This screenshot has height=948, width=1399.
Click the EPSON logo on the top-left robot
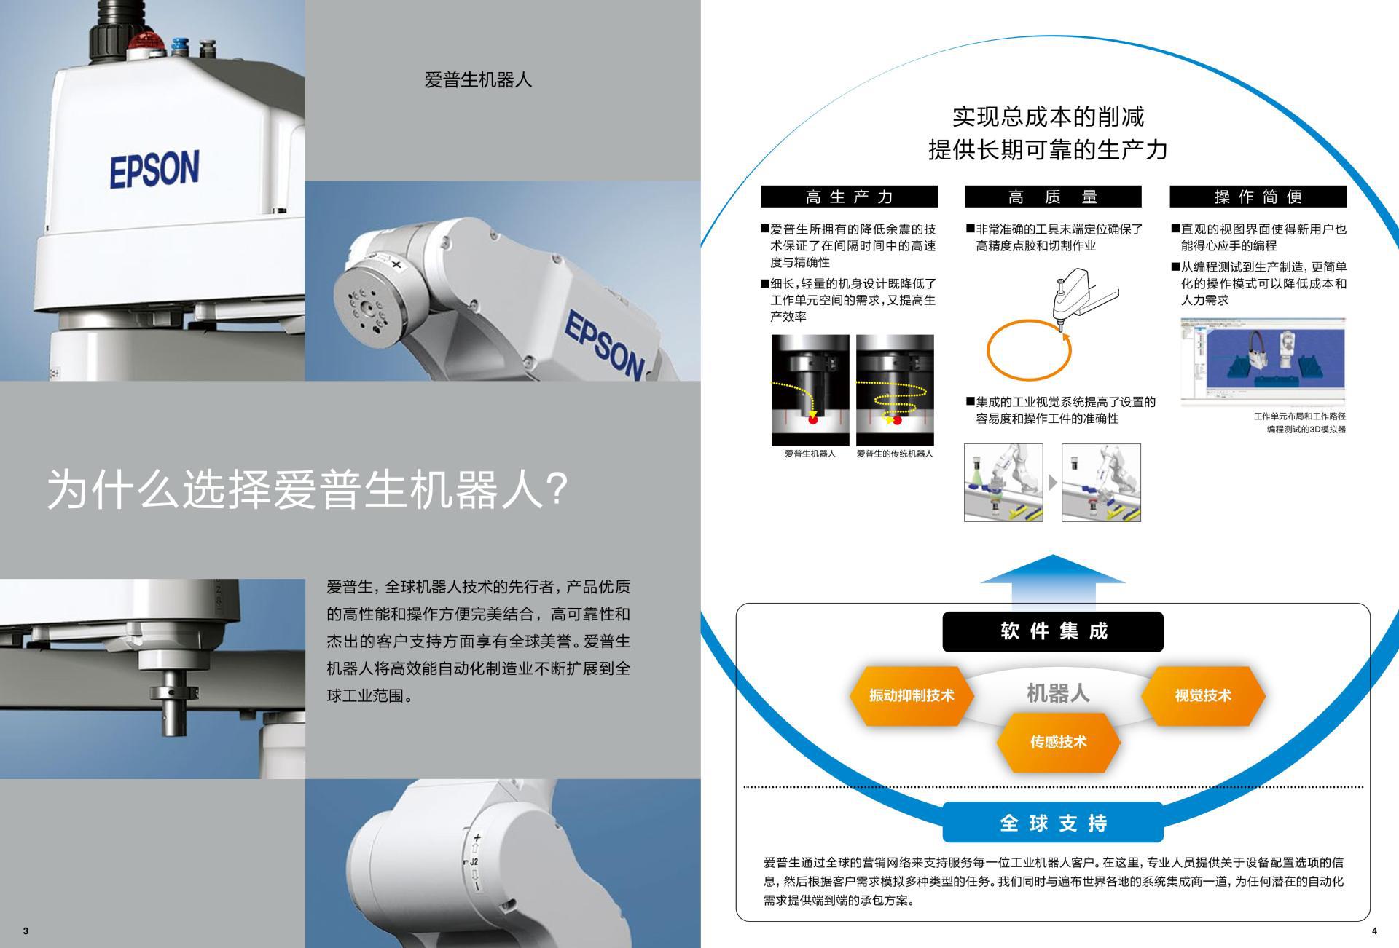pos(154,169)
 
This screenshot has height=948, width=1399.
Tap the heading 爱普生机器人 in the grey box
pos(478,79)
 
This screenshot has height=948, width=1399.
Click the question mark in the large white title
pos(556,489)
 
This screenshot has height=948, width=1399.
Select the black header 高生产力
pos(849,197)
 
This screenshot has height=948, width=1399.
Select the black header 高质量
pos(1053,197)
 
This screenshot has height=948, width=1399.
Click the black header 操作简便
pos(1258,197)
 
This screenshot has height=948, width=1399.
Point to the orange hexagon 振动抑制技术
pos(911,695)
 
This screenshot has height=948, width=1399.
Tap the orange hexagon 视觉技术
pos(1202,695)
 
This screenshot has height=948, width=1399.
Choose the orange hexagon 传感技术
pos(1058,742)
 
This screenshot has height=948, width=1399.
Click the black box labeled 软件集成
pos(1053,631)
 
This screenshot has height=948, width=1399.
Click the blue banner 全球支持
pos(1053,823)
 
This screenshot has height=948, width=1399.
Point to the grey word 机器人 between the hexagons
pos(1058,692)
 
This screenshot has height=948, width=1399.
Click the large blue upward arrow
pos(1053,579)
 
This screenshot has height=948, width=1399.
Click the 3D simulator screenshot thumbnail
pos(1263,362)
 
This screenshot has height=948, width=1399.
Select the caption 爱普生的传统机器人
pos(894,454)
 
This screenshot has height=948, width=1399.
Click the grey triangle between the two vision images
pos(1052,482)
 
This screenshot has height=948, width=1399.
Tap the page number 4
pos(1374,931)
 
